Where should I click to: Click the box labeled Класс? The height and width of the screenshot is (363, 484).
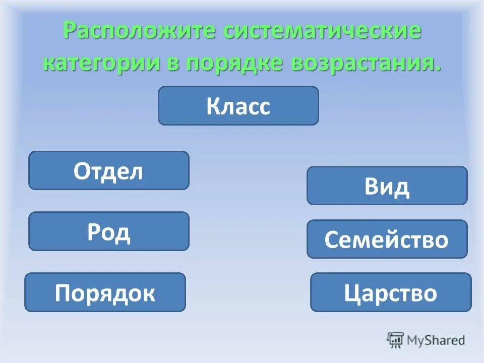coord(238,106)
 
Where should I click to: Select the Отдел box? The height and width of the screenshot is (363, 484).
coord(108,171)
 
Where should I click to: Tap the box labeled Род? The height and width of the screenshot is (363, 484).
coord(108,231)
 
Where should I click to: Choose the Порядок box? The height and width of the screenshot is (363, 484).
coord(105,292)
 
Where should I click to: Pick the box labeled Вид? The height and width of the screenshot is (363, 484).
coord(387,186)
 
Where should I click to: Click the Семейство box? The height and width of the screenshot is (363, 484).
coord(387,239)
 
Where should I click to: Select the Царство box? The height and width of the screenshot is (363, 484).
coord(390,292)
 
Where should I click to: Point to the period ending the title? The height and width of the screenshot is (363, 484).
coord(437,69)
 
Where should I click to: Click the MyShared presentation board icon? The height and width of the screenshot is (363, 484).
coord(395,339)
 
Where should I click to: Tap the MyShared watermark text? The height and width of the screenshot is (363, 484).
coord(435,340)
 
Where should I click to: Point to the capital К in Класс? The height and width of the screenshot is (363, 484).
coord(213,106)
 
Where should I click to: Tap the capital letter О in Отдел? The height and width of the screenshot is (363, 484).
coord(82,171)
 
